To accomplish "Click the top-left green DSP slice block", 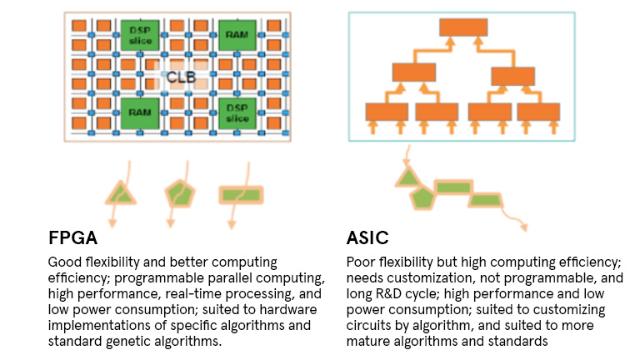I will pyautogui.click(x=139, y=34).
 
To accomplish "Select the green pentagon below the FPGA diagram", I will pyautogui.click(x=177, y=193).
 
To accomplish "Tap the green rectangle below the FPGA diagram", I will pyautogui.click(x=240, y=195).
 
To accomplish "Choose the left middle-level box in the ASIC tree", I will pyautogui.click(x=414, y=72).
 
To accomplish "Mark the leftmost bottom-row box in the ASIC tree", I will pyautogui.click(x=387, y=111).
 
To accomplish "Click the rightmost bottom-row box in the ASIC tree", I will pyautogui.click(x=538, y=111).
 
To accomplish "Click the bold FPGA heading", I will pyautogui.click(x=72, y=238).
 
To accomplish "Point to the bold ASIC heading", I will pyautogui.click(x=369, y=238).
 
